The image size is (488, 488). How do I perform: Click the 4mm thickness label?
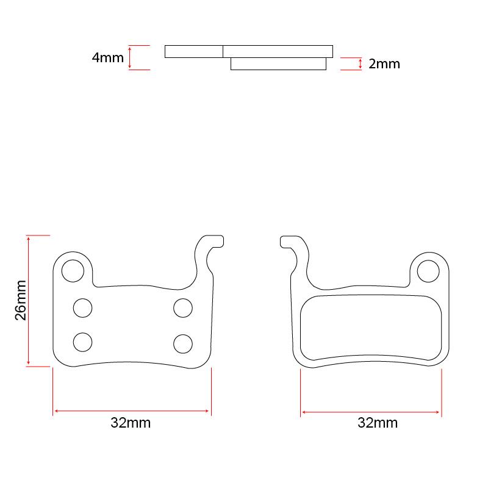(x=107, y=58)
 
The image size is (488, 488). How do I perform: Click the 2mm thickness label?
(x=384, y=64)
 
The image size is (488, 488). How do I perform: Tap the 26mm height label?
(x=20, y=301)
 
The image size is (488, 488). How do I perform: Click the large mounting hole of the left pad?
(x=73, y=270)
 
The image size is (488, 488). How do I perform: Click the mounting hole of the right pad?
(x=428, y=270)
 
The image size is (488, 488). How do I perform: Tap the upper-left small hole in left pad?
(x=83, y=309)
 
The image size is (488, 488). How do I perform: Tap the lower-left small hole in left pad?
(x=83, y=342)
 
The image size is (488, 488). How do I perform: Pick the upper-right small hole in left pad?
(x=182, y=309)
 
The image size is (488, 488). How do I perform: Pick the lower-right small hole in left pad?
(x=182, y=343)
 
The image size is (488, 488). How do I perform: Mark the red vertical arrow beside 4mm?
(x=130, y=58)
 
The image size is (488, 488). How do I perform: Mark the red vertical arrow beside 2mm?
(x=361, y=64)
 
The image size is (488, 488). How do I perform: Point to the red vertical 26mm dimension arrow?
(x=29, y=301)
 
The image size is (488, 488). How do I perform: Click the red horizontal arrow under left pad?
(x=132, y=412)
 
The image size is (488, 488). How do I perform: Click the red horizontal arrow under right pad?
(x=371, y=413)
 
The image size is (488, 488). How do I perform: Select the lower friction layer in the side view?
(x=278, y=64)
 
